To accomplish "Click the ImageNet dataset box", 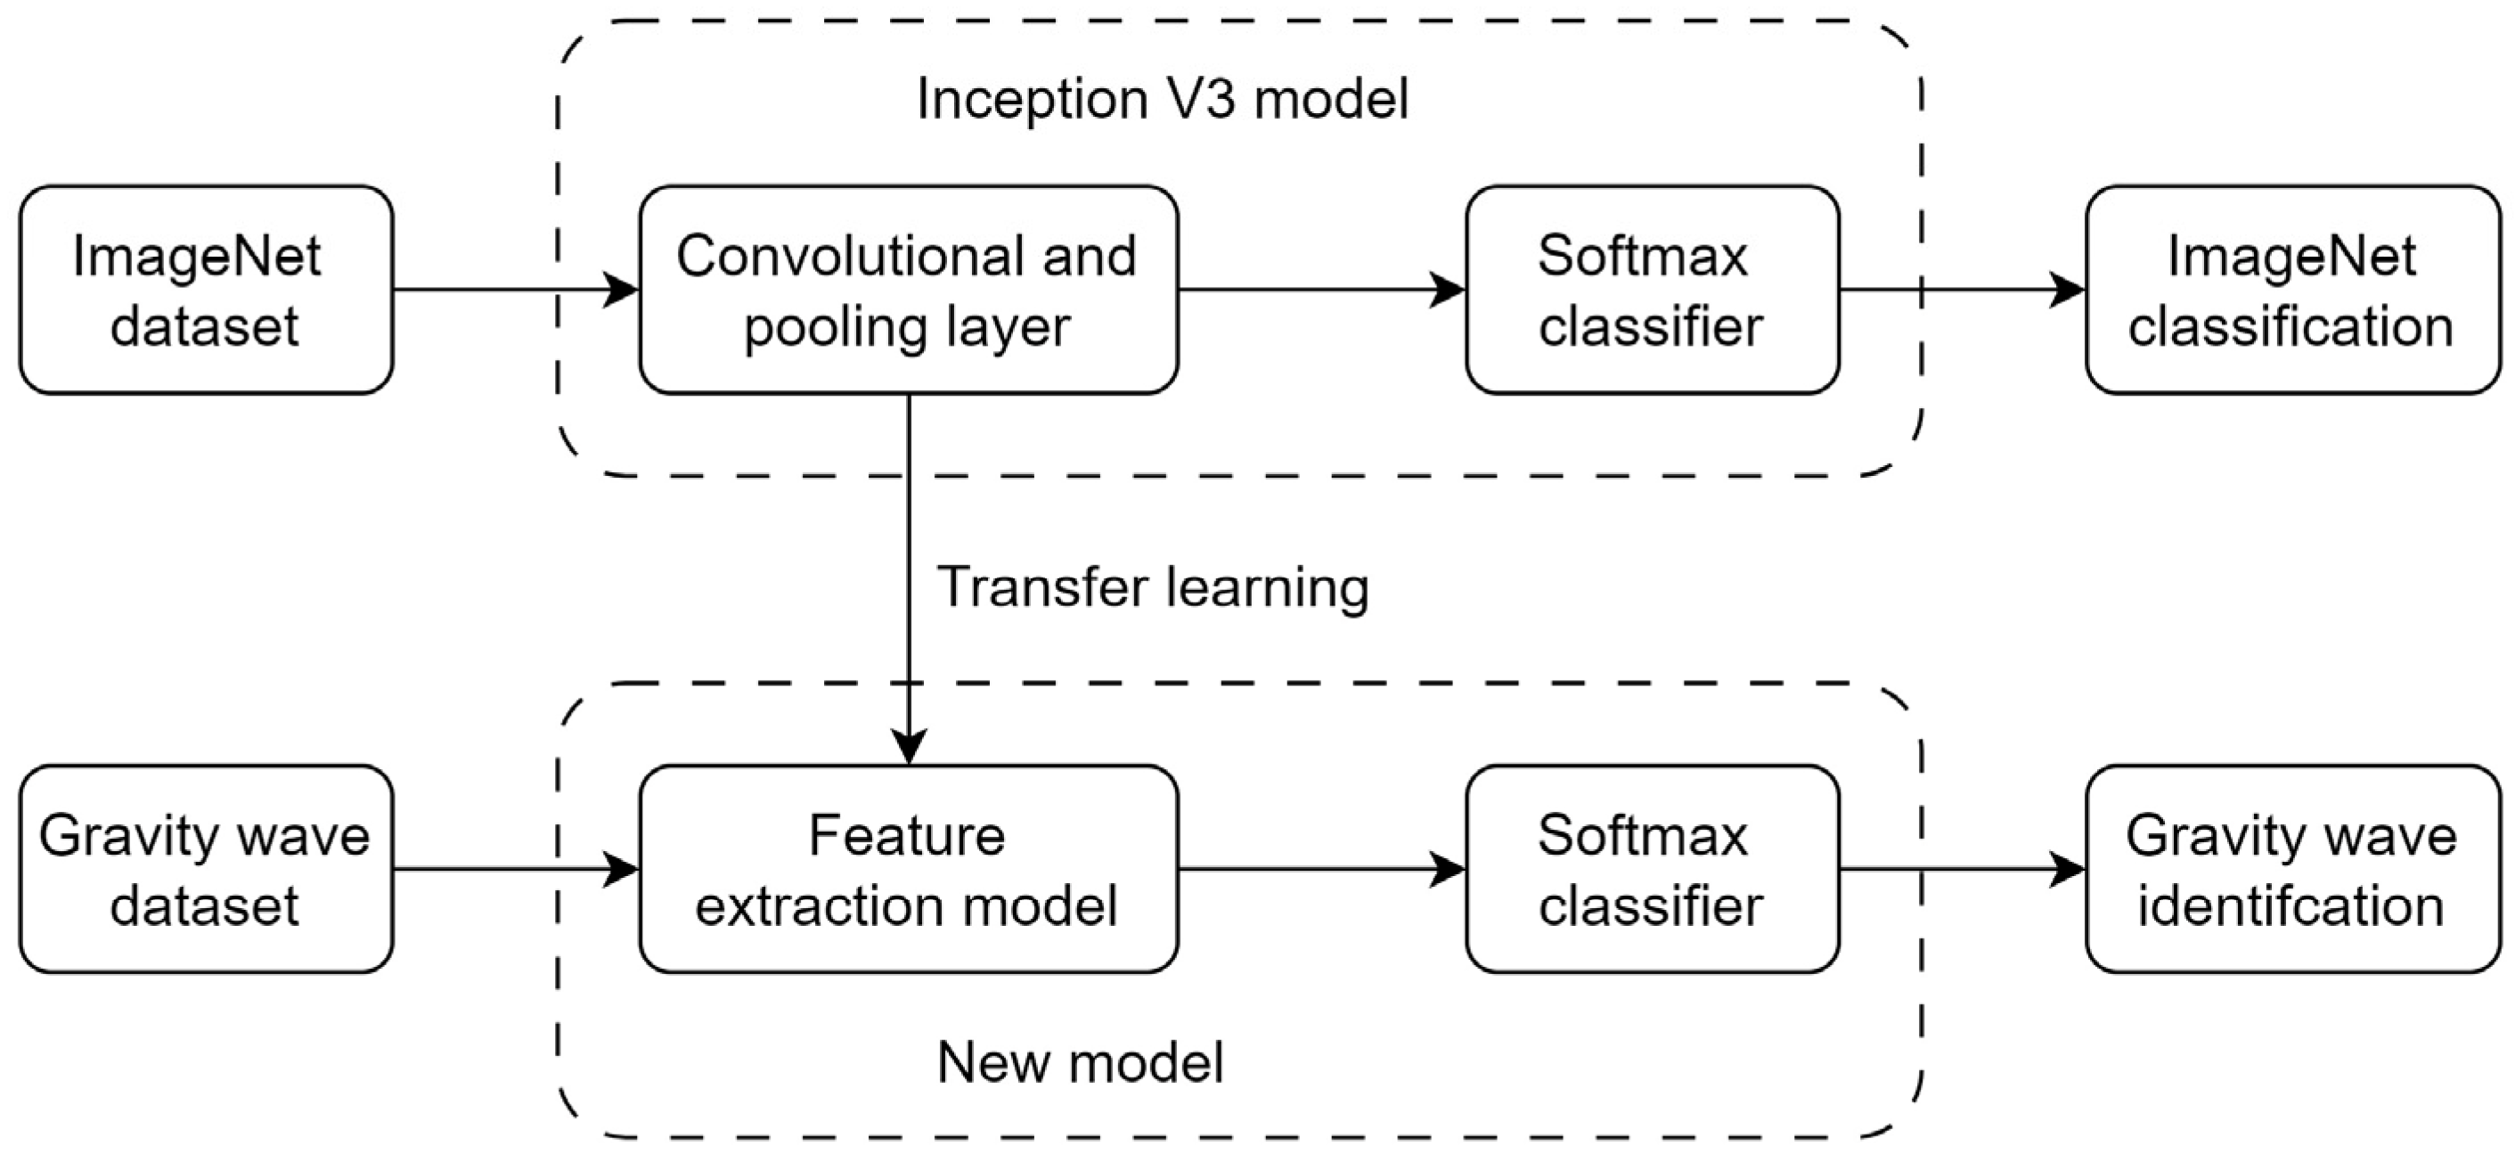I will point(206,290).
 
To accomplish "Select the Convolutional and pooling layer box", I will point(908,290).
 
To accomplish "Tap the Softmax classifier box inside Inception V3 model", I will point(1652,290).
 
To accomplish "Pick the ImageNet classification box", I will point(2292,290).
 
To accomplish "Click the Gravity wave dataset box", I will point(206,869).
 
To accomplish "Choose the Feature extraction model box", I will point(908,869).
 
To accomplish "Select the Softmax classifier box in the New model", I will point(1652,869).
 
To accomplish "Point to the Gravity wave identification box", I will point(2292,869).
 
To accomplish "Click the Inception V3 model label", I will point(1162,100).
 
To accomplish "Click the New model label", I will point(1080,1062).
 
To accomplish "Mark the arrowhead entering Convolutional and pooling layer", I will point(621,290).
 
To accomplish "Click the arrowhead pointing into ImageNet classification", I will point(2067,290).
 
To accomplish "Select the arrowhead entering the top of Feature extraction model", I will point(909,746).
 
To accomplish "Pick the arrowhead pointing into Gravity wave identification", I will point(2067,869).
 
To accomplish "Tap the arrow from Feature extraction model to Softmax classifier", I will point(1318,869).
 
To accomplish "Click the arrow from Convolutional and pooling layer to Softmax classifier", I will point(1318,290).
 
